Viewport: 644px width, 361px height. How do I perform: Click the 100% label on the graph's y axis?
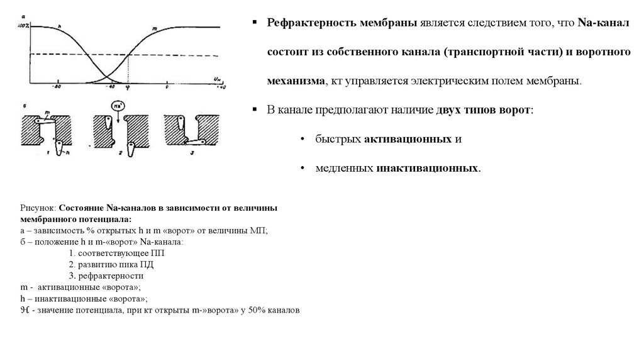pos(24,25)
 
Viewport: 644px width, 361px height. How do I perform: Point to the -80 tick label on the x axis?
pos(58,87)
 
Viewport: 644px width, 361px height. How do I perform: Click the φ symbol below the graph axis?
pos(128,88)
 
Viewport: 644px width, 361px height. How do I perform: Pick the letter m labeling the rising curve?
pos(155,29)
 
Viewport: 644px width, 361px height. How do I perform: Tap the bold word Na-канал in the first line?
pos(599,23)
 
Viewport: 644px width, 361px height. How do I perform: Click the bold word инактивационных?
pos(428,169)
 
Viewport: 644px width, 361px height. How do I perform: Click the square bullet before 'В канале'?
pos(255,109)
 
